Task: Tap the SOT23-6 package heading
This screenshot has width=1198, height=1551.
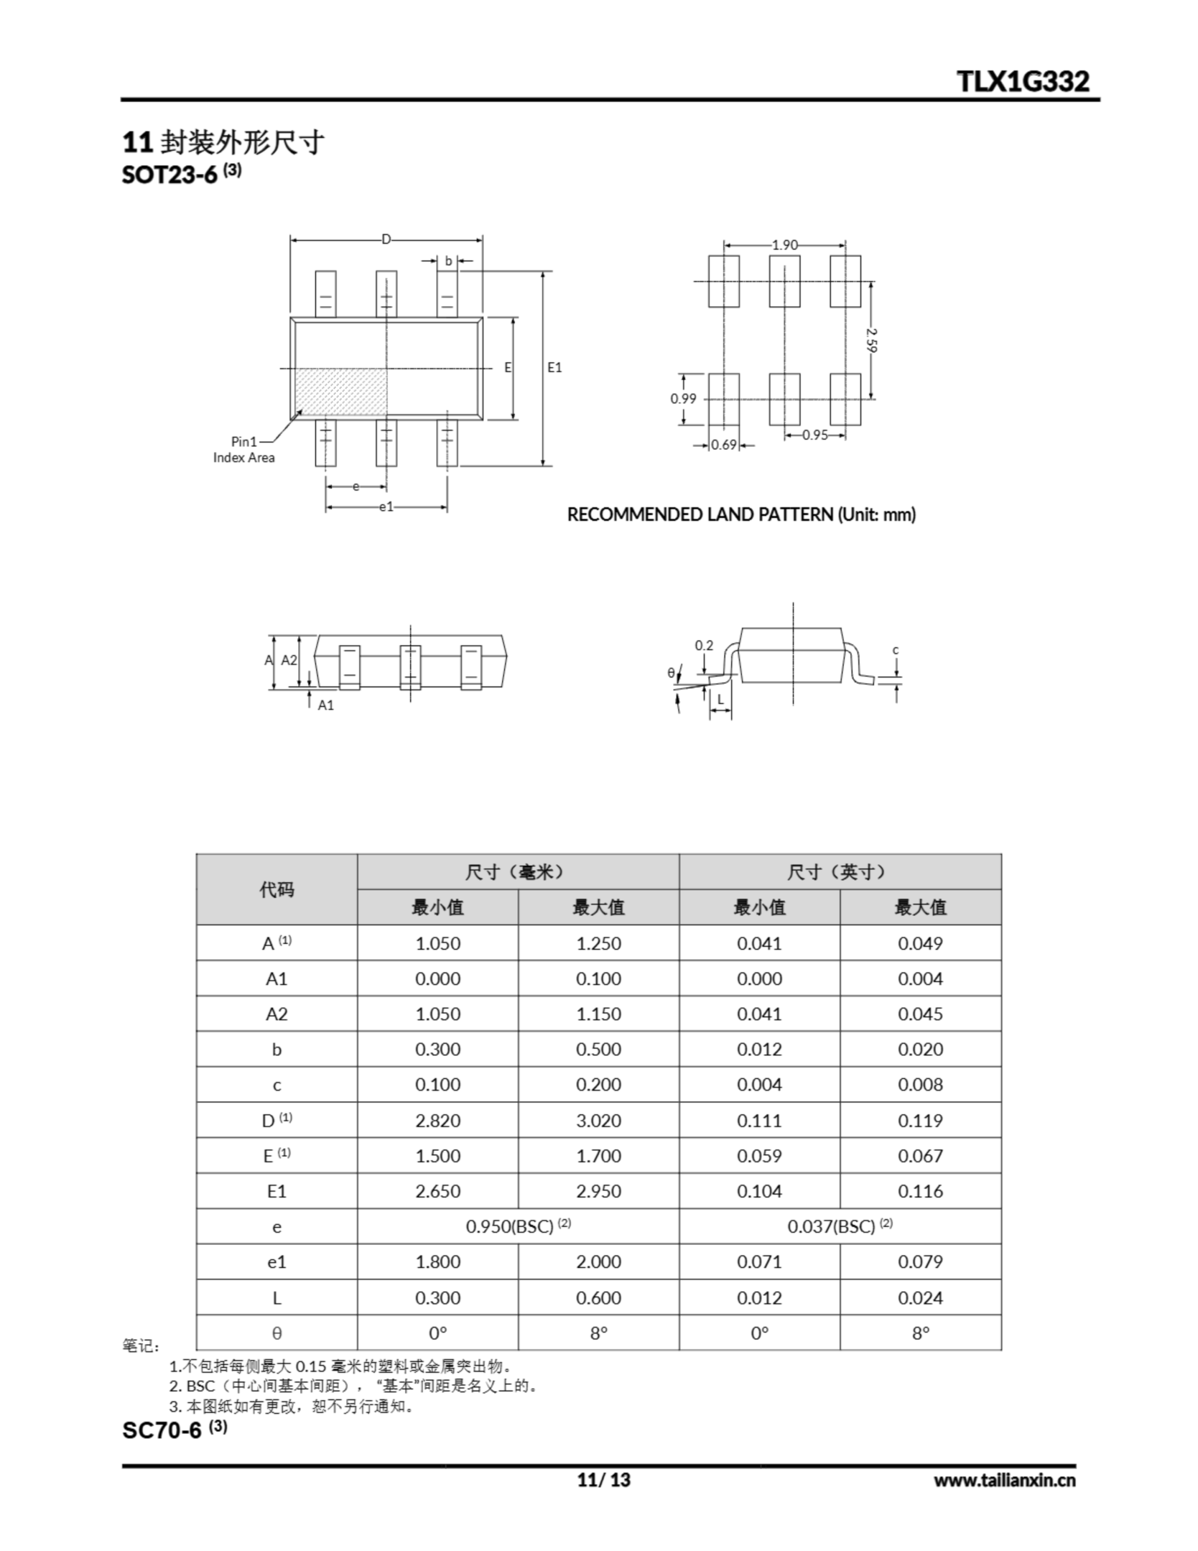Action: [170, 174]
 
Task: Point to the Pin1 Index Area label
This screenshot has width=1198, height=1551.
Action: [243, 450]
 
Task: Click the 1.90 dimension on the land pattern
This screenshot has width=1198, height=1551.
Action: [785, 245]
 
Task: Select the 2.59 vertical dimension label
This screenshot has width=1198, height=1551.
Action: [872, 339]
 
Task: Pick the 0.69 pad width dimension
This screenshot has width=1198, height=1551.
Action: [724, 445]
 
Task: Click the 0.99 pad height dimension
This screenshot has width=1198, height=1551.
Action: [683, 399]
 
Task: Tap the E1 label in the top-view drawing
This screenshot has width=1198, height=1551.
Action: [555, 367]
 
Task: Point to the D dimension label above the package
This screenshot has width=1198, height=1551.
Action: [386, 239]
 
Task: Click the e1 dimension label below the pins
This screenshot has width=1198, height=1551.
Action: [386, 507]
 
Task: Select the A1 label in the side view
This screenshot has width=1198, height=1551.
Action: [325, 705]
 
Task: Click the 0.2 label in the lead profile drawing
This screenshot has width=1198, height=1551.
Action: [704, 645]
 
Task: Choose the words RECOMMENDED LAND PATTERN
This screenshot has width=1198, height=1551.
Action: [700, 514]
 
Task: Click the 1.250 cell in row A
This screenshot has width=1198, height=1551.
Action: [598, 943]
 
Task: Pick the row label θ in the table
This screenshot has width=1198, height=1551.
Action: [277, 1333]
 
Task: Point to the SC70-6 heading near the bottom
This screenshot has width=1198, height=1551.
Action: [163, 1430]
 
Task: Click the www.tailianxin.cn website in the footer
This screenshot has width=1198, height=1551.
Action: [1004, 1481]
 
